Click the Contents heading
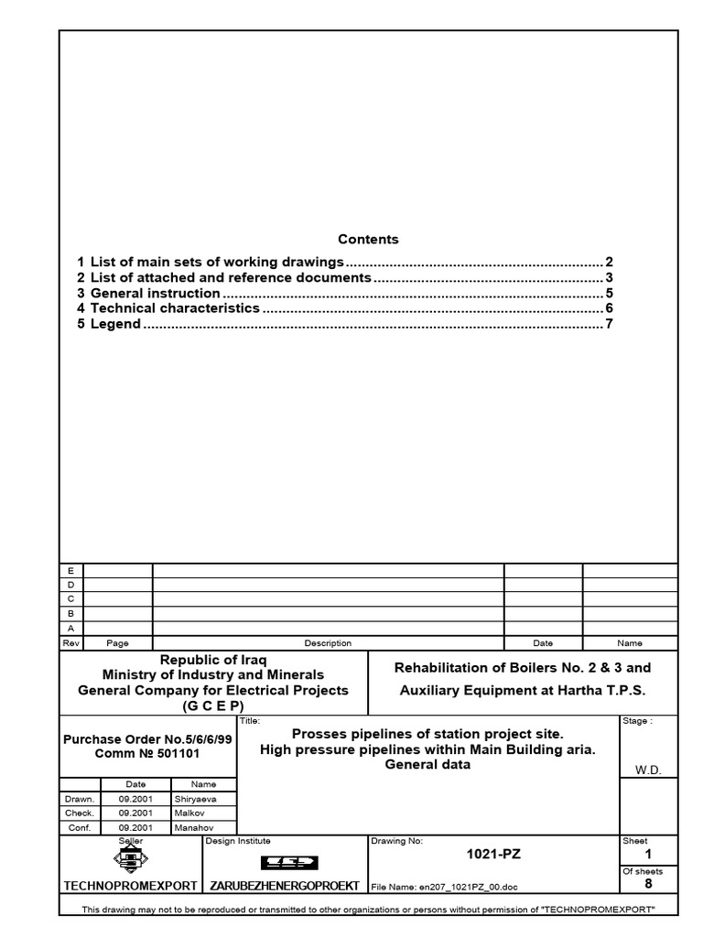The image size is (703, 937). click(x=368, y=240)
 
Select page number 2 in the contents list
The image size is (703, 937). click(x=608, y=262)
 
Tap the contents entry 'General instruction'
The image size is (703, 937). click(x=155, y=294)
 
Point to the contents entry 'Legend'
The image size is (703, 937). click(x=115, y=324)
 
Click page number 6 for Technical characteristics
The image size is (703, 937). click(x=608, y=308)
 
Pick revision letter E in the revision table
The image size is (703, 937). click(x=70, y=570)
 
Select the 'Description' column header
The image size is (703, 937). click(x=328, y=643)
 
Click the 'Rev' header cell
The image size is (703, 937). click(x=70, y=643)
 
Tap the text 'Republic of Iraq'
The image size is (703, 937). click(x=213, y=660)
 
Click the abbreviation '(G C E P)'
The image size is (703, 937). click(x=213, y=705)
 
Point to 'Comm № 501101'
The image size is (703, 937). click(x=147, y=753)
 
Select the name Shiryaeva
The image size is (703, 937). click(x=196, y=799)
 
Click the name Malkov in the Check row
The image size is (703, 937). click(x=189, y=813)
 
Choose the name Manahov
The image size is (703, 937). click(x=193, y=828)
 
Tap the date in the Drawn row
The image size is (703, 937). click(x=135, y=799)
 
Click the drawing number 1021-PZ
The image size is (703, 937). click(x=493, y=855)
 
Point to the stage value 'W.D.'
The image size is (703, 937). click(x=648, y=770)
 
